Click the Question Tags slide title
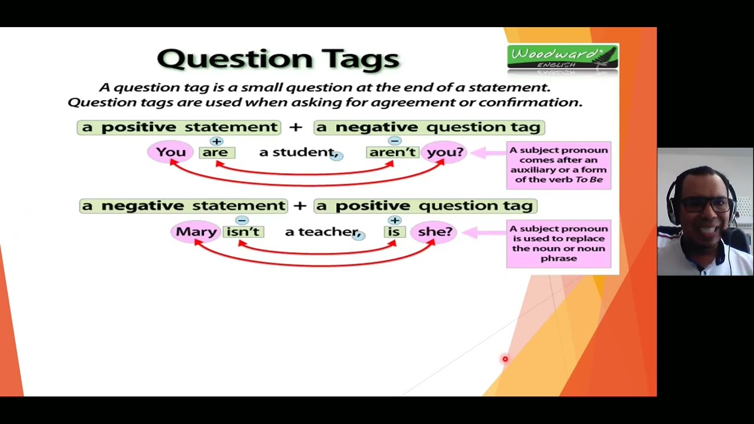point(278,59)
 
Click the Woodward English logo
point(562,58)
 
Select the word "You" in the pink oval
point(171,152)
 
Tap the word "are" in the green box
point(216,153)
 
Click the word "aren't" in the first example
point(392,153)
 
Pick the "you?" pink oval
point(445,152)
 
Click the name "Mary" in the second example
point(196,231)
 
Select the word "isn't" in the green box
point(243,232)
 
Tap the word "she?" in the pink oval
point(435,231)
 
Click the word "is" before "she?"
point(393,232)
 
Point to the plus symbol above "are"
point(216,141)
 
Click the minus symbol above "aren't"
point(394,141)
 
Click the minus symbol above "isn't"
point(242,220)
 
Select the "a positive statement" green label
point(179,127)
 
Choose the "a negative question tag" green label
point(429,127)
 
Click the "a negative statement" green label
point(183,206)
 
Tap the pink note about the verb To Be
point(558,165)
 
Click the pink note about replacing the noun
point(558,243)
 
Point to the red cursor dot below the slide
point(505,359)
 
